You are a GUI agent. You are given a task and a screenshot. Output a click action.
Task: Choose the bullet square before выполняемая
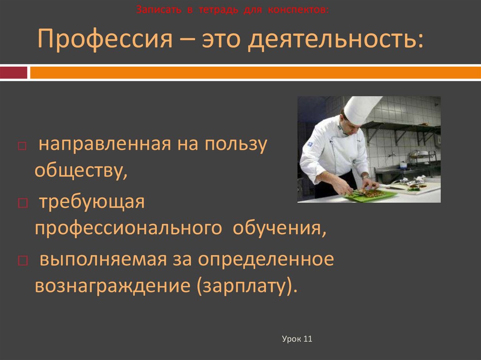click(x=22, y=260)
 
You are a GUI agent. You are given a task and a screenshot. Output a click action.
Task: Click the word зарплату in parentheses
click(x=244, y=285)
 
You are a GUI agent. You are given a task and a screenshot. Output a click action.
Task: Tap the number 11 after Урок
click(x=308, y=339)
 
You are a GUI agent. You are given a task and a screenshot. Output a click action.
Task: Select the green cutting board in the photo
click(x=371, y=196)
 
